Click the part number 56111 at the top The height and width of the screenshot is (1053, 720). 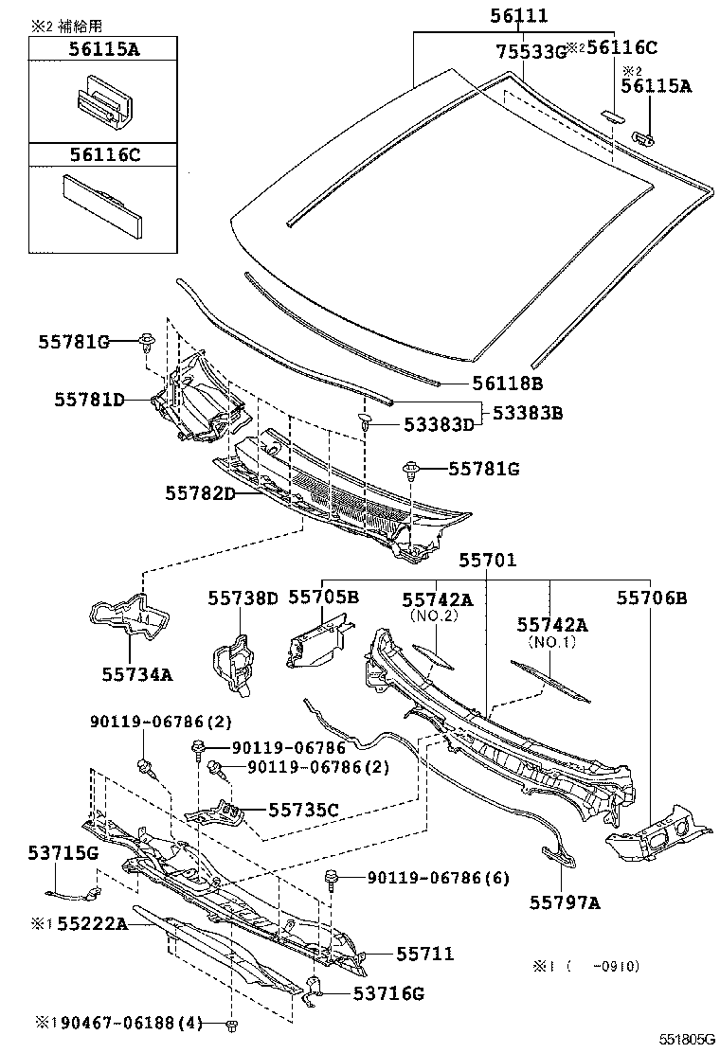pos(518,16)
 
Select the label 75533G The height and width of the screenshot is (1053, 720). pos(531,51)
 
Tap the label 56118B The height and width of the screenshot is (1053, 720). pos(507,383)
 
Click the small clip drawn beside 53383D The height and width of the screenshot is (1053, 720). pos(365,424)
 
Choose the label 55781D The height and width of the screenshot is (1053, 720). pos(89,400)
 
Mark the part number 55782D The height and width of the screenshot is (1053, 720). pos(200,493)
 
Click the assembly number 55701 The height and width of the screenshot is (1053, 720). pos(488,561)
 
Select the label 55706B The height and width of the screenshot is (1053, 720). pos(652,598)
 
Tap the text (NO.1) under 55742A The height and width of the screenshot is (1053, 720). pos(552,641)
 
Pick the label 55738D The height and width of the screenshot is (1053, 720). pos(243,598)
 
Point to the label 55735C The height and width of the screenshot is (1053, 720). pos(303,810)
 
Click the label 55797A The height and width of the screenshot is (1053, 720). pos(565,902)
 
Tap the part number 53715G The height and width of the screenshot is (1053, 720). pos(63,854)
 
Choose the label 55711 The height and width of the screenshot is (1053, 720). pos(424,954)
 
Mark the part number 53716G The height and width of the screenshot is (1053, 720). pos(388,992)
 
